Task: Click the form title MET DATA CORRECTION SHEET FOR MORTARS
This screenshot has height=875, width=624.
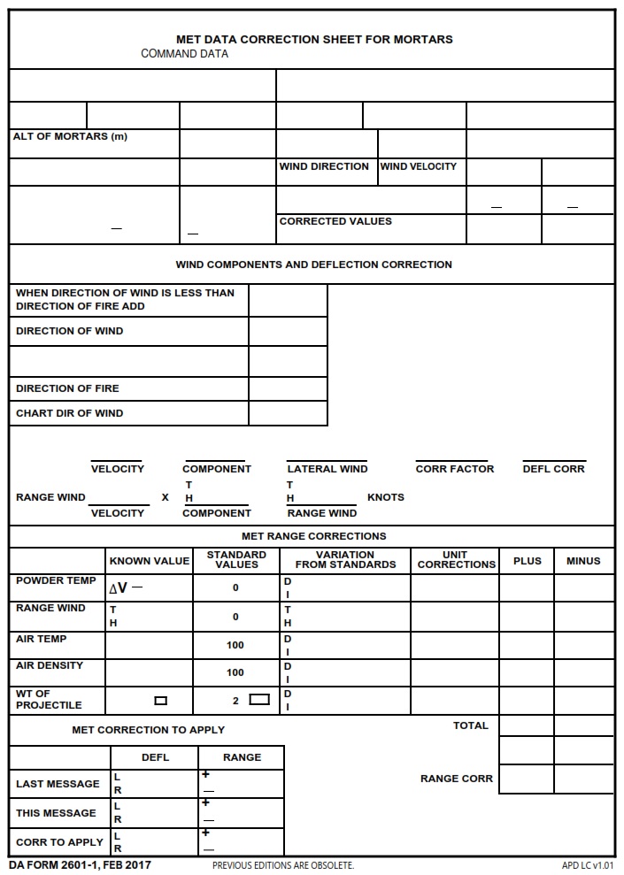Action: [x=314, y=39]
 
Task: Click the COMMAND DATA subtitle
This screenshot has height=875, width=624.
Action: [x=184, y=54]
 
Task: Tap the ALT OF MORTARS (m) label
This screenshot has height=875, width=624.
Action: [x=70, y=136]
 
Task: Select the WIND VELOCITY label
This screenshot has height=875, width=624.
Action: [x=419, y=166]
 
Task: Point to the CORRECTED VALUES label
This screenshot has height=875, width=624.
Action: [x=335, y=221]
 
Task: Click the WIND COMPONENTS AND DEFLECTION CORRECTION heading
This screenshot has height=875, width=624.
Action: [x=313, y=265]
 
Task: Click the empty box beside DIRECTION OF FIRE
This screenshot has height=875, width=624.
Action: [x=288, y=388]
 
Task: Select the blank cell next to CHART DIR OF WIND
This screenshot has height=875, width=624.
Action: [x=288, y=413]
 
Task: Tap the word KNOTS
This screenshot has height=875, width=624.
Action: [x=386, y=497]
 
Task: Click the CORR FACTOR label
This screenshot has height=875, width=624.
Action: [x=455, y=469]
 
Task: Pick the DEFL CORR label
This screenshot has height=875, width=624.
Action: [x=553, y=469]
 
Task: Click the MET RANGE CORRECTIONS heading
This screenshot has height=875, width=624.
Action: [x=313, y=536]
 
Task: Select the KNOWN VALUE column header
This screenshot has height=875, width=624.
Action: [x=149, y=561]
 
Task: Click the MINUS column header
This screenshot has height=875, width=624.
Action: [x=583, y=561]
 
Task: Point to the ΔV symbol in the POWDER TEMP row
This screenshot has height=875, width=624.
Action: [x=119, y=587]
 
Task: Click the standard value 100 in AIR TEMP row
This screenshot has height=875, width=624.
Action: [x=235, y=645]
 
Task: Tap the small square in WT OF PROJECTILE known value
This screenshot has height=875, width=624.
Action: [x=160, y=701]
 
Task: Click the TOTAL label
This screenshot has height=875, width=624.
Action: [x=470, y=725]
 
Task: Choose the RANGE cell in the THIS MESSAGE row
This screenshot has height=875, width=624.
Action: [x=241, y=812]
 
